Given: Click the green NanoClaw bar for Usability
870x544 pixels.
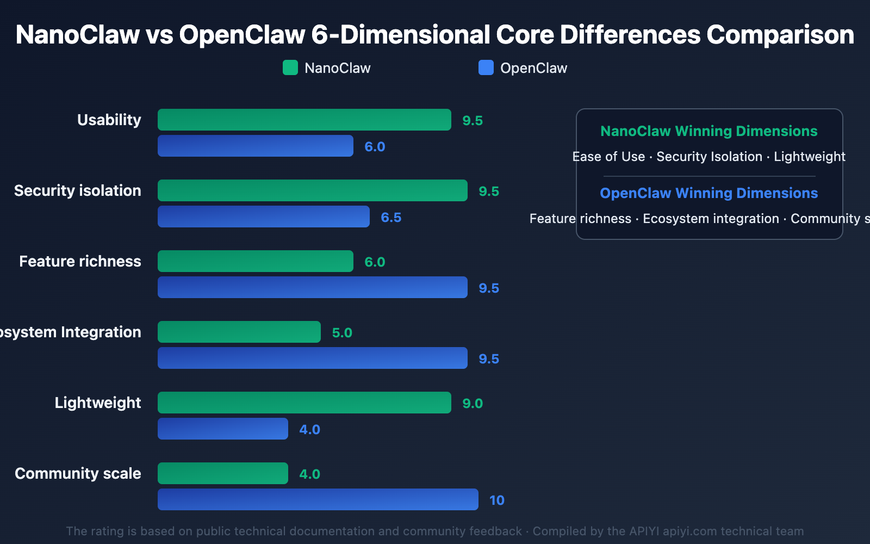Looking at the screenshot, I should click(x=304, y=120).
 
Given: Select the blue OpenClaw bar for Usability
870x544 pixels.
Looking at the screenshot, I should click(x=256, y=146).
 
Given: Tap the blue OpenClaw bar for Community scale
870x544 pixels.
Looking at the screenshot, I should click(x=318, y=499).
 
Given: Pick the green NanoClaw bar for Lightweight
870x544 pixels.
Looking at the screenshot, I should click(x=304, y=403).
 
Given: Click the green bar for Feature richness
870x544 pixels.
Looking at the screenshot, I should click(x=256, y=261).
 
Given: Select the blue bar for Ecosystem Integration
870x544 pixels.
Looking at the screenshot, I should click(x=313, y=358).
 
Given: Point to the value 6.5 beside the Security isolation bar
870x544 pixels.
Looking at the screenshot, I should click(x=391, y=218).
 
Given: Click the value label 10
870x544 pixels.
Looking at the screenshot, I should click(x=496, y=500).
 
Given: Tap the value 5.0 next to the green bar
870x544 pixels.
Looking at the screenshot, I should click(x=342, y=333).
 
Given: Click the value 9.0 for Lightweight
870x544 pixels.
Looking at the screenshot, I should click(x=473, y=404).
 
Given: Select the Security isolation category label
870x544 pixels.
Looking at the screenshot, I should click(x=78, y=190).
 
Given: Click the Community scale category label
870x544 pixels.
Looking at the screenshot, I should click(x=78, y=473).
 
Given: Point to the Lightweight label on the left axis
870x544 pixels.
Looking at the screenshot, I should click(x=98, y=403).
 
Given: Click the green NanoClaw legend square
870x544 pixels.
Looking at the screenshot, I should click(x=290, y=67).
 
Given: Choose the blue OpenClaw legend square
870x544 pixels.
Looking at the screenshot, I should click(x=486, y=67).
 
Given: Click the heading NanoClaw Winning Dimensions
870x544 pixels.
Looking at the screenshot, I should click(x=709, y=131).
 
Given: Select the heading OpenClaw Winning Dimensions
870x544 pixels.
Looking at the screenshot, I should click(x=709, y=193).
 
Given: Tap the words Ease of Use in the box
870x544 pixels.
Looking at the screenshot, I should click(x=608, y=157).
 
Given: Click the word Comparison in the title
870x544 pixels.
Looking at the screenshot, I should click(x=780, y=35).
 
